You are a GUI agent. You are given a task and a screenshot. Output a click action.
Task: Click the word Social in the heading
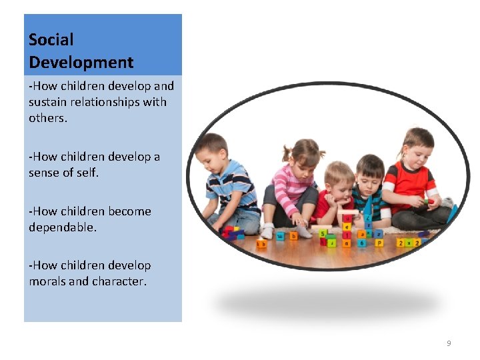pyautogui.click(x=51, y=40)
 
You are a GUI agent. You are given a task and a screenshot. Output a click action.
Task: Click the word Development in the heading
pyautogui.click(x=81, y=63)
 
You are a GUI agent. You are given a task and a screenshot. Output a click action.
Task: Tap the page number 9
pyautogui.click(x=449, y=343)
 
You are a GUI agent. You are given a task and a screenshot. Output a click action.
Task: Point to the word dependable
pyautogui.click(x=62, y=227)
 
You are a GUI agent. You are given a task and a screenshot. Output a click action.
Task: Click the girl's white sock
pyautogui.click(x=267, y=231)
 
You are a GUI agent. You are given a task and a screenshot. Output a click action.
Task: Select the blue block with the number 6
pyautogui.click(x=361, y=243)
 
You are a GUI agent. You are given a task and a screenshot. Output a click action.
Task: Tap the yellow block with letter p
pyautogui.click(x=379, y=243)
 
